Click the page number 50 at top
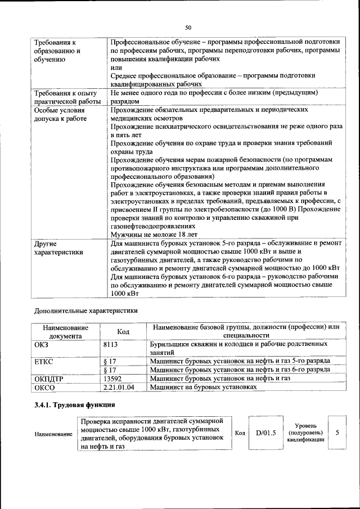tap(188, 26)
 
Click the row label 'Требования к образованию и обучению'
tap(56, 51)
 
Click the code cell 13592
tap(115, 379)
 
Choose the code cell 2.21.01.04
tap(119, 388)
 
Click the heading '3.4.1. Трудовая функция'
tap(74, 405)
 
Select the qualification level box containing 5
tap(337, 433)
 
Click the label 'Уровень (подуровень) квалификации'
tap(305, 433)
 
